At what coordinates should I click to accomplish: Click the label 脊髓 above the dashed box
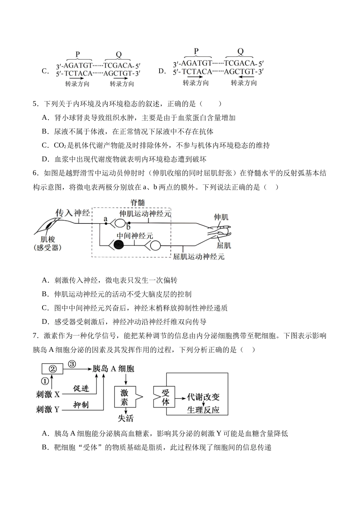coord(138,203)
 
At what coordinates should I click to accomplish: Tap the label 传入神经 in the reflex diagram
coord(73,213)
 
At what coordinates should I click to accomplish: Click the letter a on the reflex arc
coord(105,219)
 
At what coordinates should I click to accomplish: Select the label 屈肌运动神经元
coord(199,257)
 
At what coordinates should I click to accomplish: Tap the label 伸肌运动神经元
coord(145,214)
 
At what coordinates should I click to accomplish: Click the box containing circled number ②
coord(53,368)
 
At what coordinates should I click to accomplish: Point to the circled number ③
coord(72,364)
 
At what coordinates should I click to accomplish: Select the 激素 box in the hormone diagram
coord(124,397)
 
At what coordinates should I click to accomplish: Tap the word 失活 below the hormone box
coord(125,418)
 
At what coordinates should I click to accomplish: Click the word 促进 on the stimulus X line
coord(81,388)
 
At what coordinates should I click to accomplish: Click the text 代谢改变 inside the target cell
coord(203,397)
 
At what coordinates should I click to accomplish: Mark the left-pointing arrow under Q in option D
coord(243,77)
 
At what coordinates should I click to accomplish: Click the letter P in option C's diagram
coord(78,54)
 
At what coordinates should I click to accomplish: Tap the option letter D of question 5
coord(45,159)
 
